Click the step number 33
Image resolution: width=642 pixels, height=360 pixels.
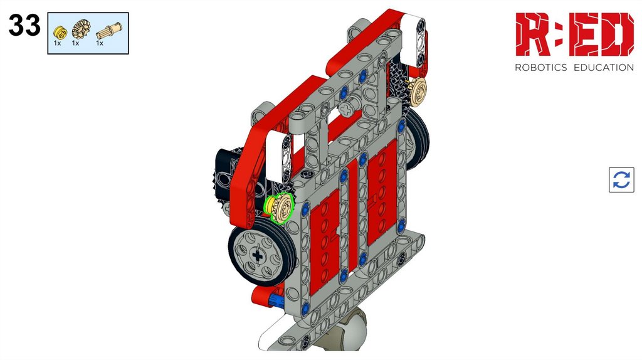[x=24, y=25]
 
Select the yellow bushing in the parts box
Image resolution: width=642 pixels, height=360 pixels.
[x=60, y=32]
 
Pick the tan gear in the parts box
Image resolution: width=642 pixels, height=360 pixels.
[x=80, y=29]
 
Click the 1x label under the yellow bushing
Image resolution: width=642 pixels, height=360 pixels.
[x=57, y=43]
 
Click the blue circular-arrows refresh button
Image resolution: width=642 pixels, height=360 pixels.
[x=621, y=179]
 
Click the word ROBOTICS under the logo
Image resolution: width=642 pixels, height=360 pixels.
[x=540, y=68]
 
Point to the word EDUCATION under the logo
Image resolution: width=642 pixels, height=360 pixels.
[x=604, y=68]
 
